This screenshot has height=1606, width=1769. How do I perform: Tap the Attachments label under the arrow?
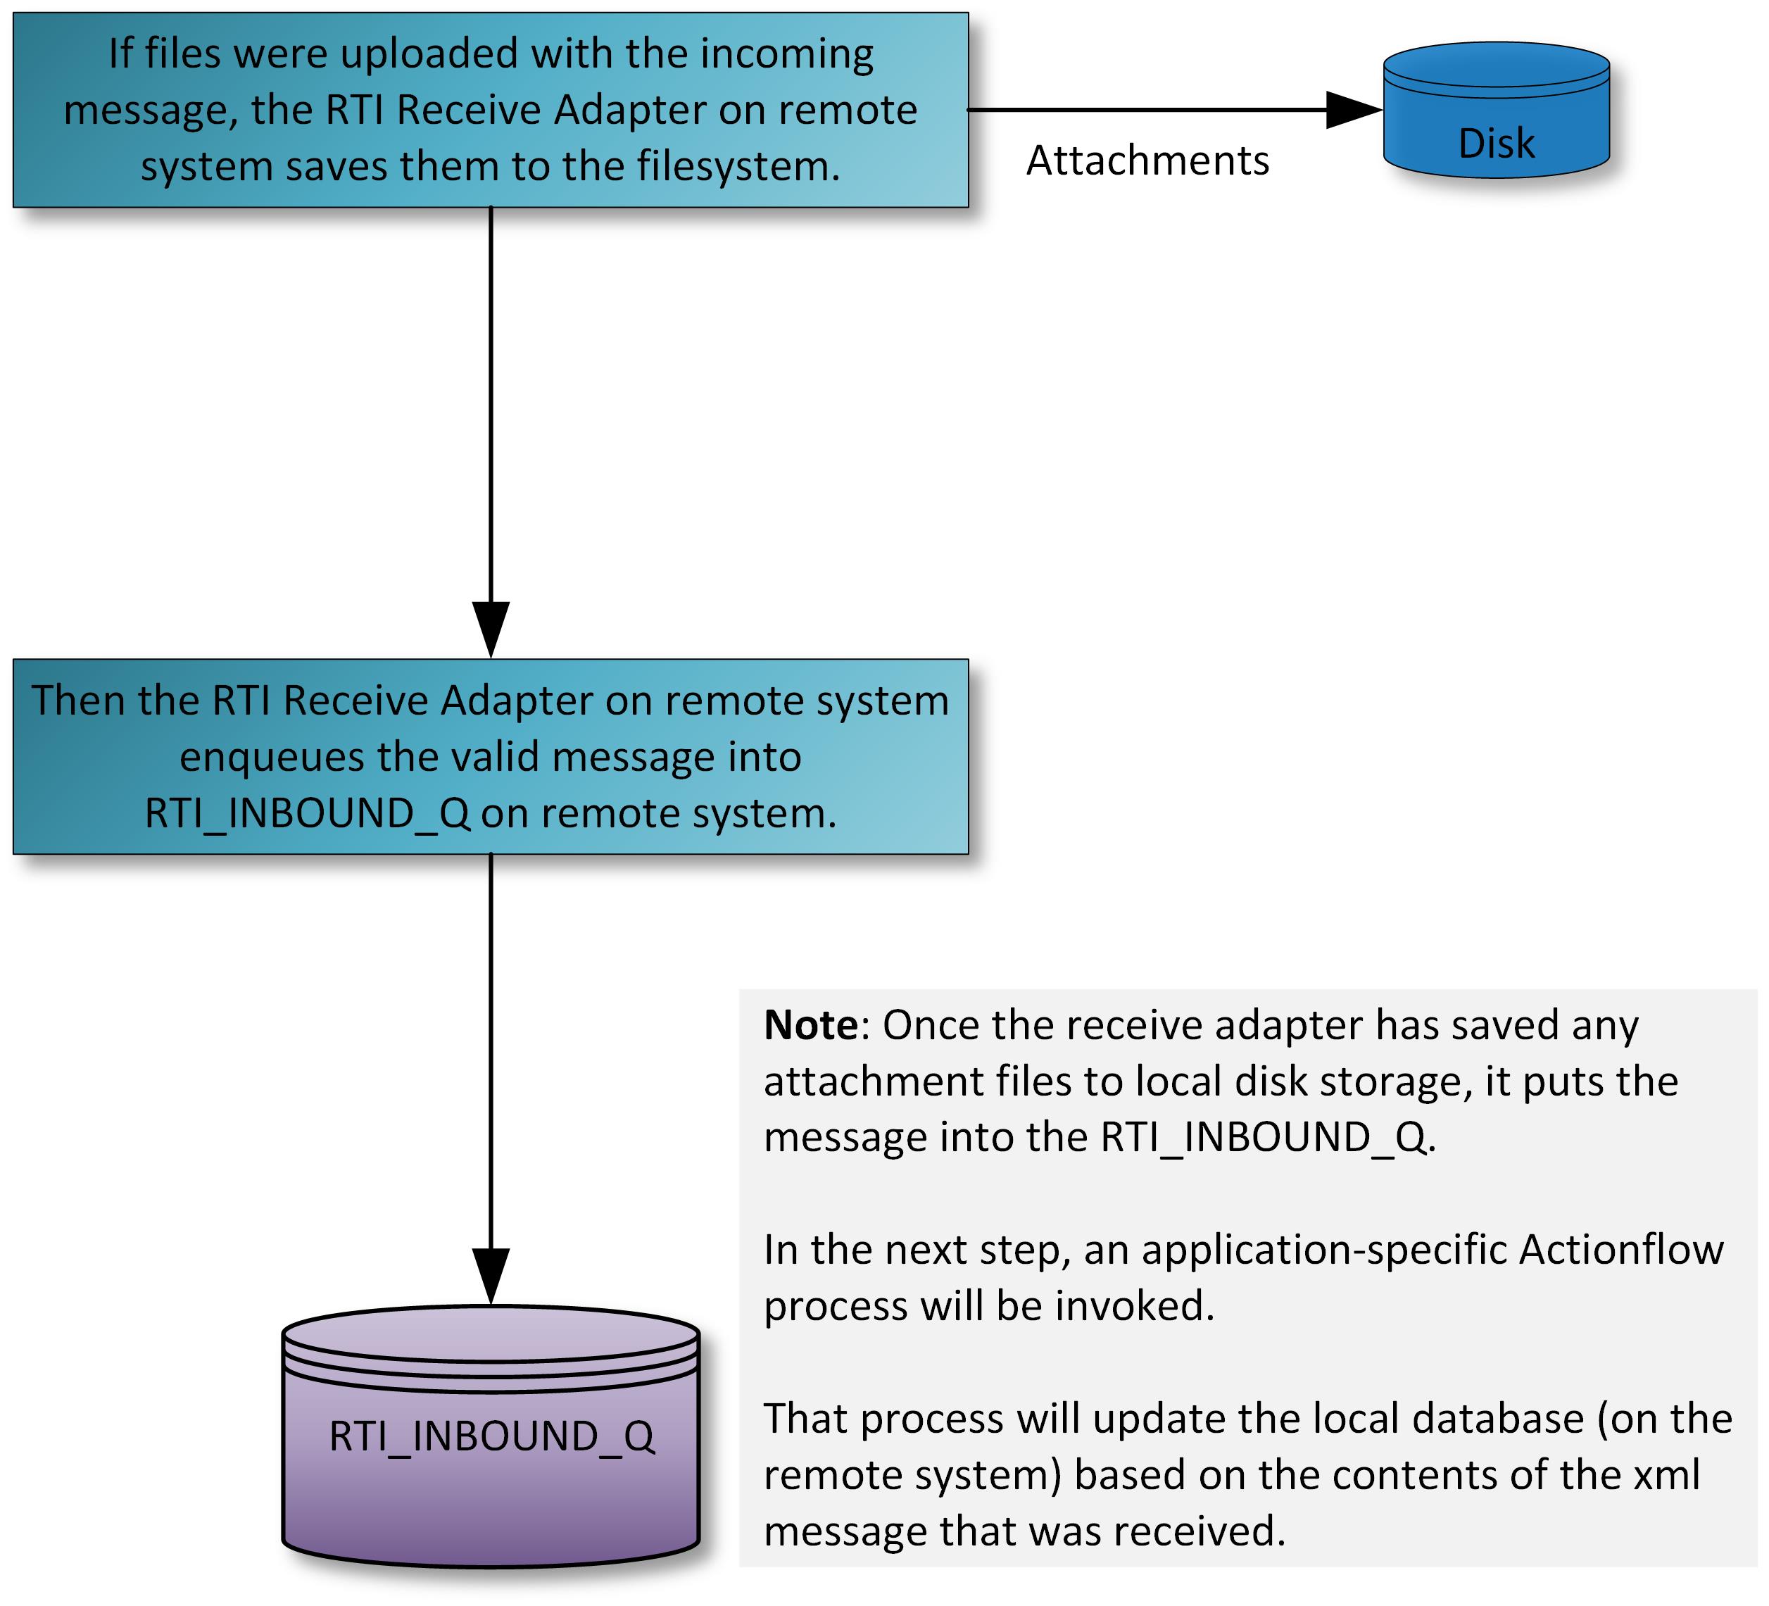pos(1147,161)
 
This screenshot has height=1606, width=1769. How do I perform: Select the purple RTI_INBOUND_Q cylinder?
pos(491,1439)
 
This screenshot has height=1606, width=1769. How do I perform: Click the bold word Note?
pos(811,1025)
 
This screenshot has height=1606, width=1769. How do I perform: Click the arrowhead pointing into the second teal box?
pos(491,628)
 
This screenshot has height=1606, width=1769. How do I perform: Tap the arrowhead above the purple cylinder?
pos(491,1275)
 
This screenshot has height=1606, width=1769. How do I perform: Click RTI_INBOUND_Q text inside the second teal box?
pos(307,813)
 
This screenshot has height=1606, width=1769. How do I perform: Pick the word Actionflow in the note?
pos(1622,1250)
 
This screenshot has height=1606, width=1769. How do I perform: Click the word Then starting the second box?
pos(77,701)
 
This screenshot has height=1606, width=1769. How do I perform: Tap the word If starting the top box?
pos(120,54)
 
